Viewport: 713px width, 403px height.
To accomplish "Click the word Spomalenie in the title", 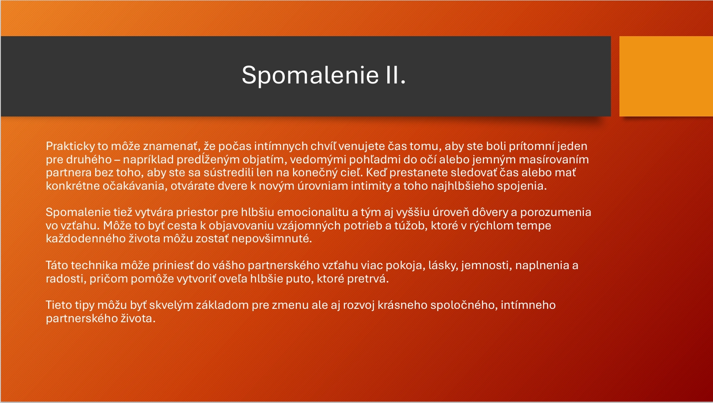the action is coord(310,75).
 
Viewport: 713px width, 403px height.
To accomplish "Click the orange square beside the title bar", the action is coord(666,76).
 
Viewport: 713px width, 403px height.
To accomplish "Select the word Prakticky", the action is coord(70,146).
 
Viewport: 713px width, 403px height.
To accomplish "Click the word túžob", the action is coord(410,226).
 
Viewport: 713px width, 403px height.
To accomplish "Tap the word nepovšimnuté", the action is coord(271,239).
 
